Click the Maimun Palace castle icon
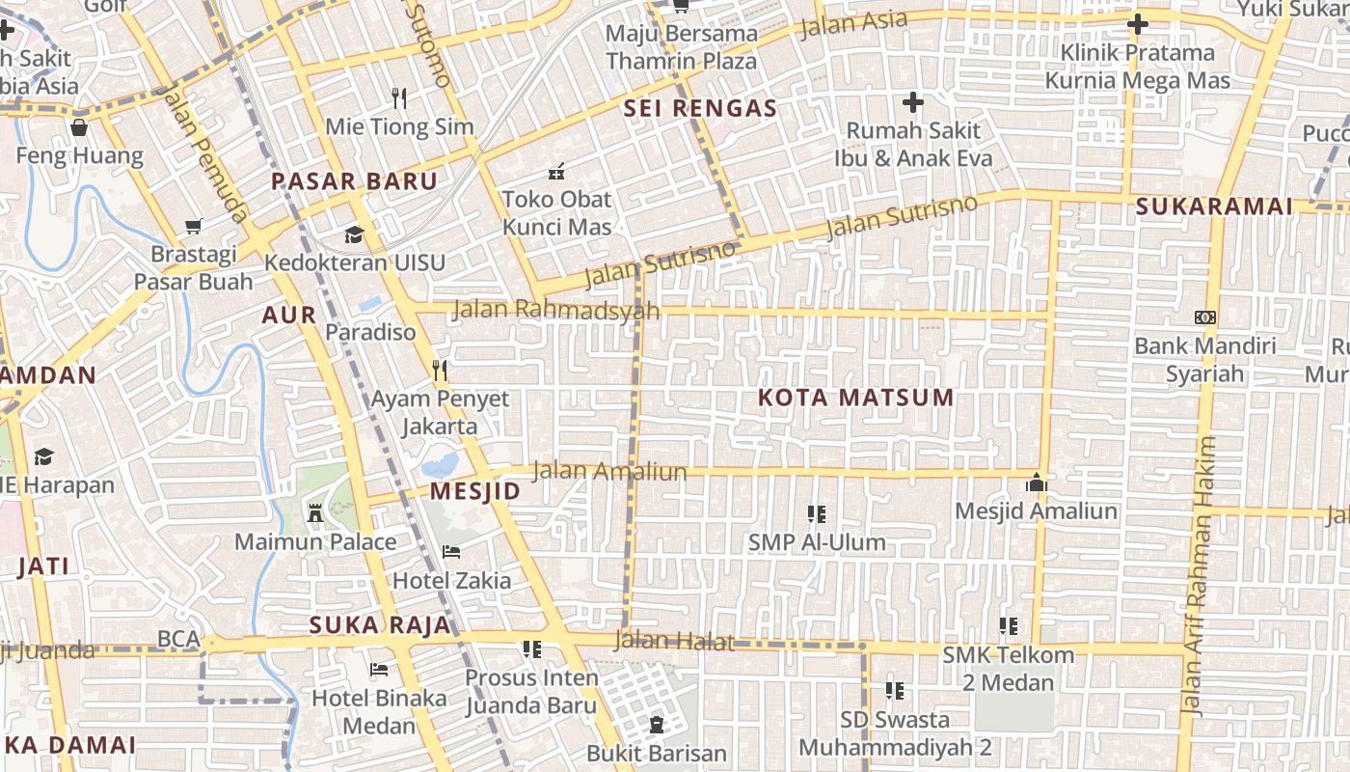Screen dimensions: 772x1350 (315, 512)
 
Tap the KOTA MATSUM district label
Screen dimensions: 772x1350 (855, 398)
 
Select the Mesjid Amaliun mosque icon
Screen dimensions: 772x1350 (1037, 482)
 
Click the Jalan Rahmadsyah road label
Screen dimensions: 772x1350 (556, 310)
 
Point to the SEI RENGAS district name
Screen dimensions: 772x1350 (700, 109)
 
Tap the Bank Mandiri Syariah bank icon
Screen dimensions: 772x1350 (1204, 317)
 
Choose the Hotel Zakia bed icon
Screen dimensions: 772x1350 (450, 552)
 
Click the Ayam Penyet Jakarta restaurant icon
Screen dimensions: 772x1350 (440, 370)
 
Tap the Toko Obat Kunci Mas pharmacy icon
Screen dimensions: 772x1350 (556, 172)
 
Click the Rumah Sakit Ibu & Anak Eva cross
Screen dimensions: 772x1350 (912, 101)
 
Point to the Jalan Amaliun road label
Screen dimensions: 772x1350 (609, 471)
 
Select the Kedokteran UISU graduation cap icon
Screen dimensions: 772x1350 (354, 234)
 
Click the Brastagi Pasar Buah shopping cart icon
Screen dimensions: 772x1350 (194, 227)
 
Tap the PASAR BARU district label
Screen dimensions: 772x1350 (354, 181)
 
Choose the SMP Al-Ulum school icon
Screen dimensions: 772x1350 (817, 514)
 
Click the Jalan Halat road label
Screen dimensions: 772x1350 (674, 641)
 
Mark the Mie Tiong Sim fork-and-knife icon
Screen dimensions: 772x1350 (400, 97)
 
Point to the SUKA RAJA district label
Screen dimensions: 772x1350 (380, 625)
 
